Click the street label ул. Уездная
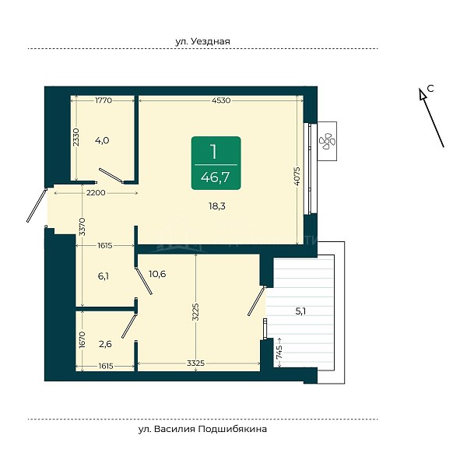point(202,41)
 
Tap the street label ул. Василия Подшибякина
point(202,429)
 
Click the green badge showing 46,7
point(216,163)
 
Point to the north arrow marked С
point(432,118)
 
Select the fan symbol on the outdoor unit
point(327,141)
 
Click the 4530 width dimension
point(221,100)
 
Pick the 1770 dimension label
point(104,100)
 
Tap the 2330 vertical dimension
point(76,137)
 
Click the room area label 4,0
point(102,140)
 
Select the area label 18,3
point(217,205)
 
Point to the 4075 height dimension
point(297,177)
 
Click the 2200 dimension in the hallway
point(96,193)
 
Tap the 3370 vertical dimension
point(82,227)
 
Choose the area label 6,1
point(103,276)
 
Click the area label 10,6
point(157,274)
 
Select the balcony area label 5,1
point(300,311)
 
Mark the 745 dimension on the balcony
point(279,353)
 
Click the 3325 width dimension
point(195,363)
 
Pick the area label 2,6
point(105,344)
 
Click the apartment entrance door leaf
point(37,205)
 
